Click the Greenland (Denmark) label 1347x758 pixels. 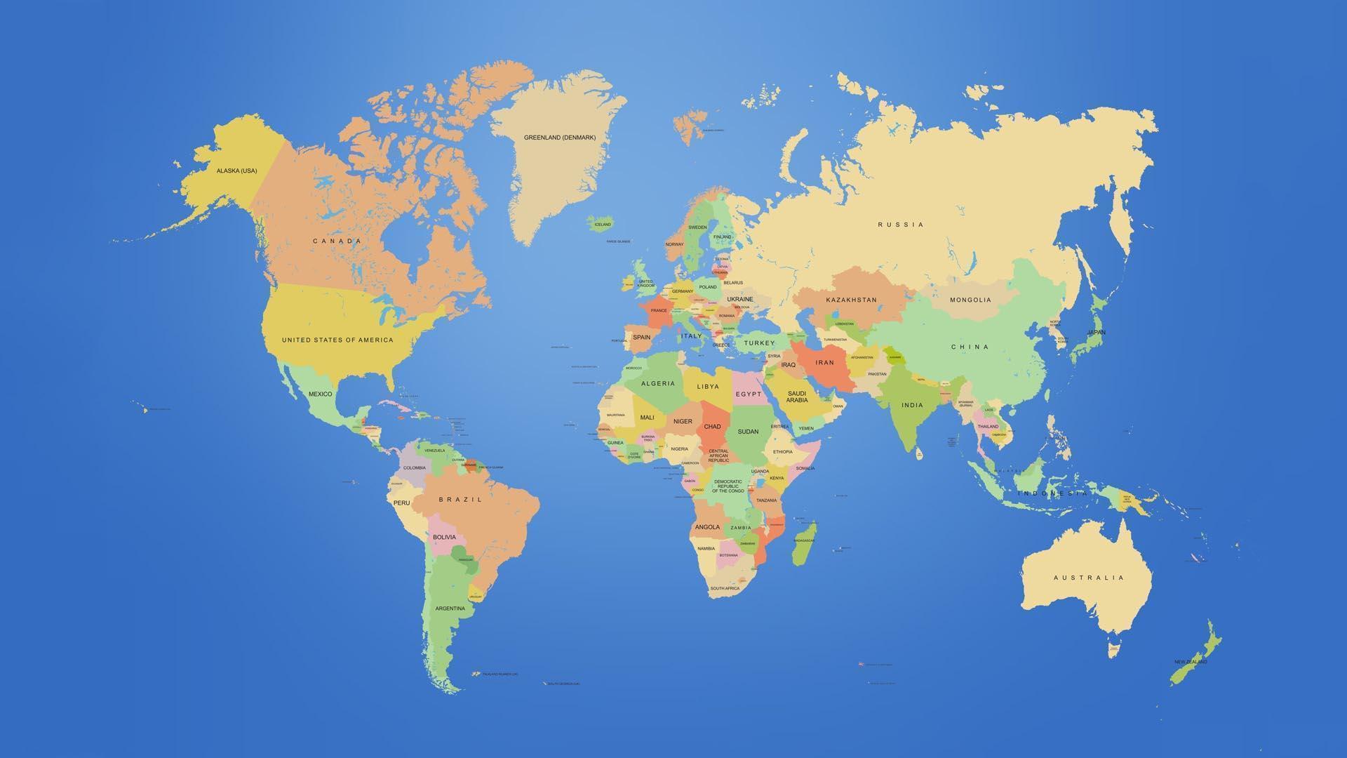click(559, 138)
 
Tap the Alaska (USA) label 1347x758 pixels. click(236, 171)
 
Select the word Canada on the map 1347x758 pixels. click(337, 241)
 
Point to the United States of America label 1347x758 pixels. click(337, 340)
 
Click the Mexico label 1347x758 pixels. click(320, 394)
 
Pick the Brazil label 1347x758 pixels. click(460, 500)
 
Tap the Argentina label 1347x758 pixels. click(450, 609)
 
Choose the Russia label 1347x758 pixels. click(901, 225)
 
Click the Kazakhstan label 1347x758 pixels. click(851, 300)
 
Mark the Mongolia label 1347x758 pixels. click(970, 300)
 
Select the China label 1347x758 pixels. click(970, 347)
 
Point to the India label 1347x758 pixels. click(912, 405)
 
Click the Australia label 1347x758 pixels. click(1088, 578)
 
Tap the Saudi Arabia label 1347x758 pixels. click(796, 397)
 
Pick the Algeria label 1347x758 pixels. click(658, 383)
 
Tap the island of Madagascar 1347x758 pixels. click(804, 544)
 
